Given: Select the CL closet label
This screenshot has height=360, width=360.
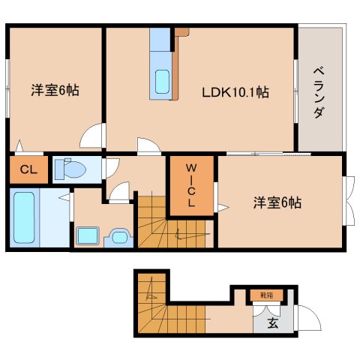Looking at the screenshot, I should (28, 169).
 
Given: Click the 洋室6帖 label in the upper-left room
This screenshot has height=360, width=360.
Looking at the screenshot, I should (55, 90).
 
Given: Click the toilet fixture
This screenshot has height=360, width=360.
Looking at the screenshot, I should (69, 168).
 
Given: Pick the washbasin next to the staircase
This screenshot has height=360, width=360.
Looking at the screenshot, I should (118, 237).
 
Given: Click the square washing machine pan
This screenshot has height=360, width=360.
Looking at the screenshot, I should (88, 235).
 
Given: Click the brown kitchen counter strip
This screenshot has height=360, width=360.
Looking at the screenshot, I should (176, 64).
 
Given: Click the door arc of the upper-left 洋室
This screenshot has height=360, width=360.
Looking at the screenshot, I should (93, 136).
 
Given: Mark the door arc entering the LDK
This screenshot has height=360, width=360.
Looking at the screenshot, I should (148, 145).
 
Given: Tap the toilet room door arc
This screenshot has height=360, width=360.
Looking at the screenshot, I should (110, 169).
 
